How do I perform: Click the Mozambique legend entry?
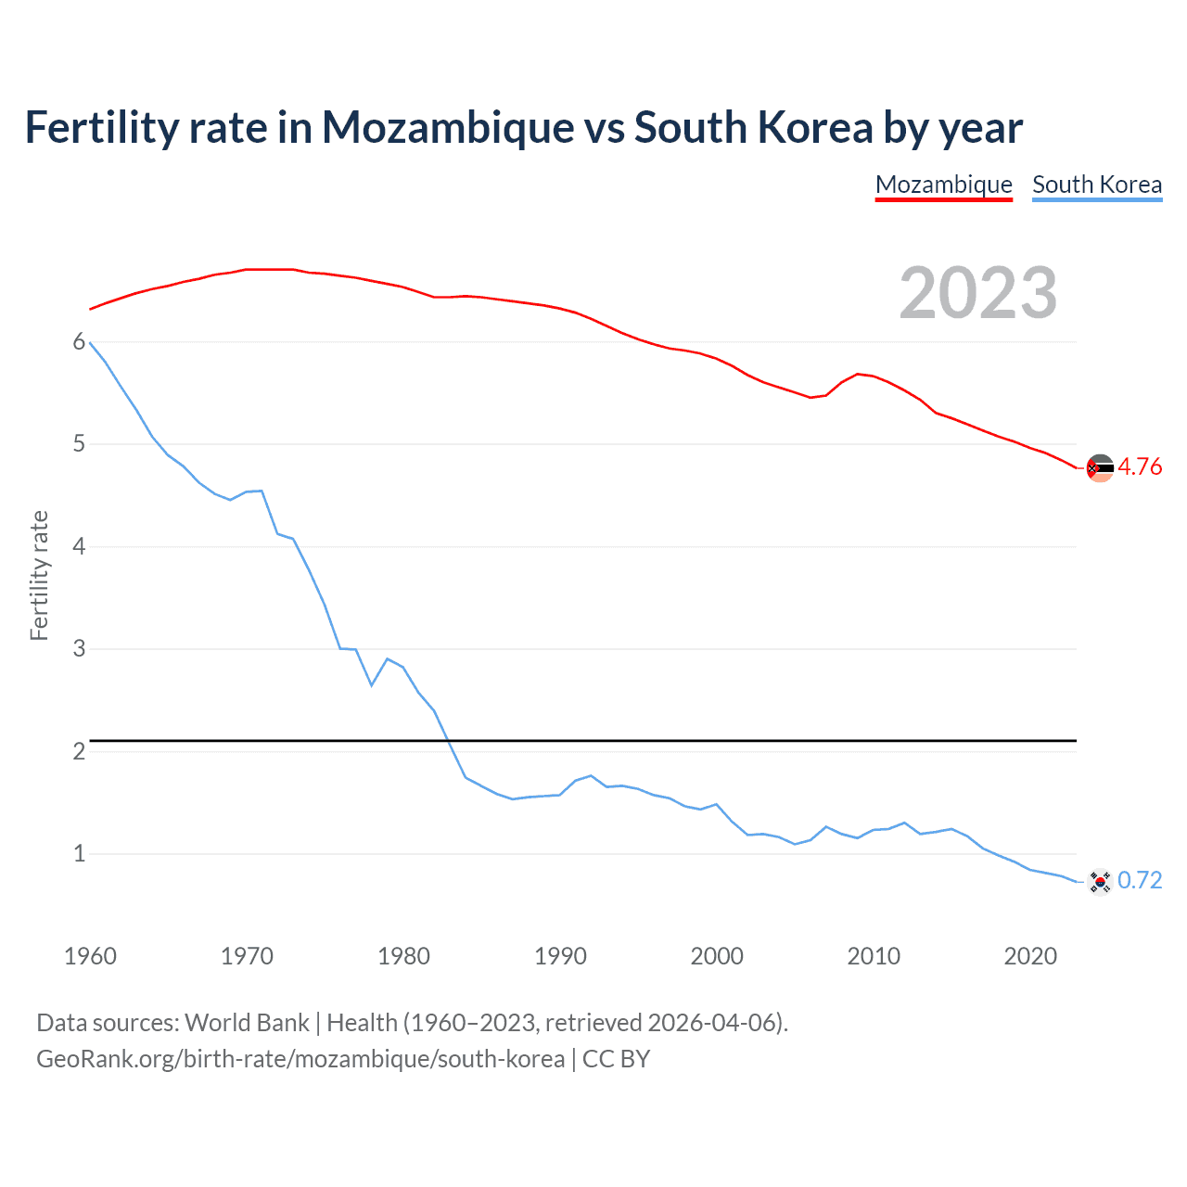pos(943,185)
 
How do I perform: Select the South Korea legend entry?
pos(1096,185)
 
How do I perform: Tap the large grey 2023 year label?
pos(977,293)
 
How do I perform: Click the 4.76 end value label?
pos(1139,466)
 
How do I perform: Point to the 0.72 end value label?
pos(1139,880)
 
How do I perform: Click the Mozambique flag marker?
pos(1100,468)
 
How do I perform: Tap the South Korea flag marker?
pos(1100,881)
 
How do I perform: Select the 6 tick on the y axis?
pos(79,342)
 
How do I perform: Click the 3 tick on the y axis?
pos(79,648)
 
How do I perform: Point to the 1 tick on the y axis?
pos(79,853)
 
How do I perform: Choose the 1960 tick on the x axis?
pos(90,956)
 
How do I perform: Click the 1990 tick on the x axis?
pos(560,956)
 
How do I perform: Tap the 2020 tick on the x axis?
pos(1030,956)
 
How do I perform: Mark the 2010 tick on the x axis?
pos(874,956)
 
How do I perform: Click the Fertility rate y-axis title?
pos(39,575)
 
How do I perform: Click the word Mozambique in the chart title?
pos(447,128)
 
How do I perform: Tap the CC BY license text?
pos(616,1059)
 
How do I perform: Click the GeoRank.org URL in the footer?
pos(300,1059)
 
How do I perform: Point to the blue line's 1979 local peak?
pos(388,658)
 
